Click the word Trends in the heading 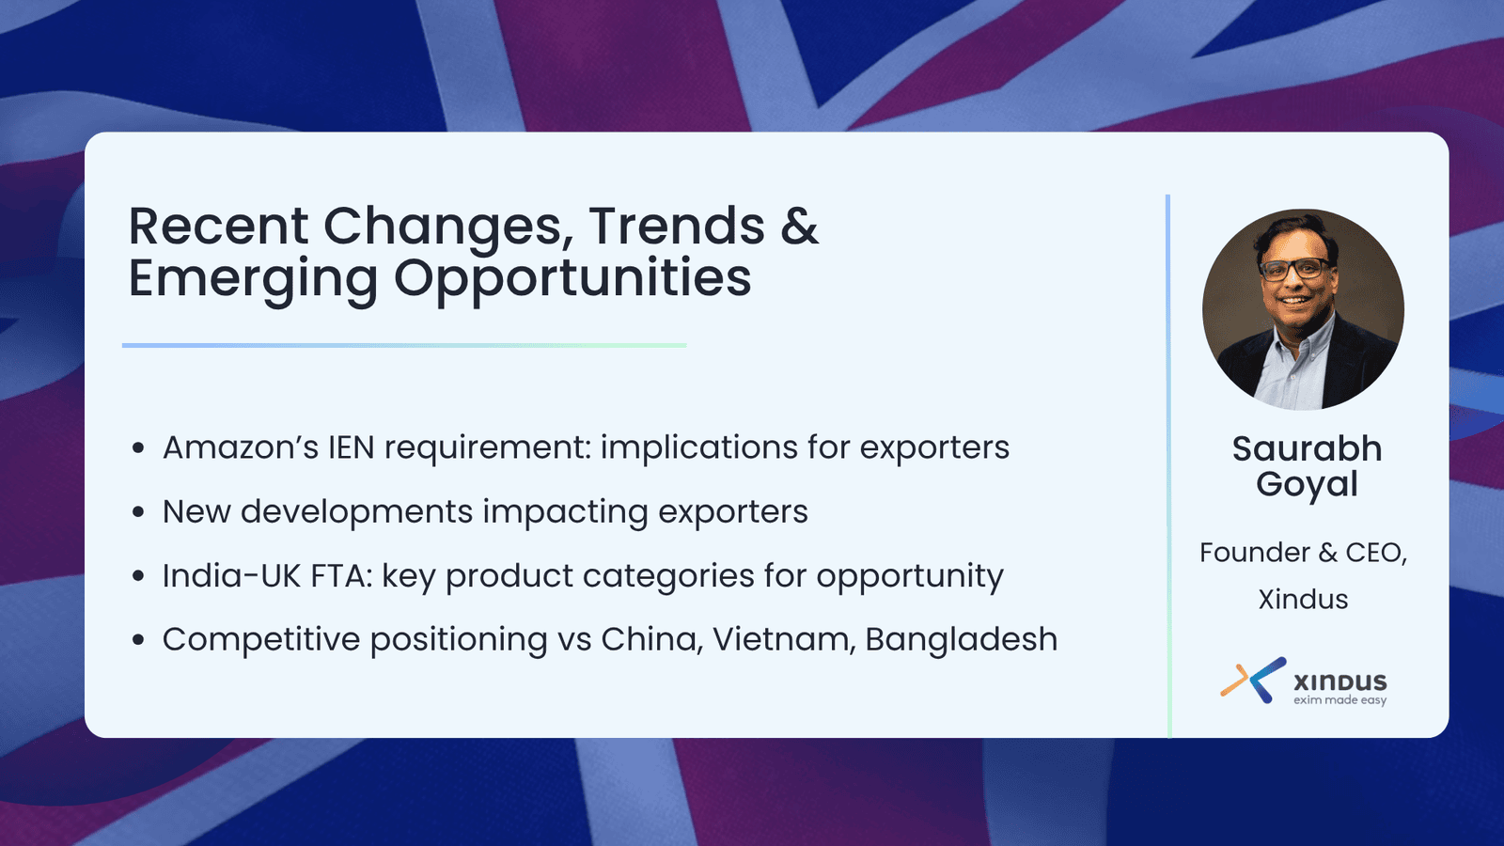coord(677,226)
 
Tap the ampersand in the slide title coord(800,226)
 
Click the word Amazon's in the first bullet coord(240,447)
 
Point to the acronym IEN coord(352,447)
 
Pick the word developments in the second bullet coord(356,512)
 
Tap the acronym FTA coord(341,575)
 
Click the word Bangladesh coord(961,639)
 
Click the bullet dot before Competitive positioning coord(138,640)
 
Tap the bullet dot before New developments coord(138,512)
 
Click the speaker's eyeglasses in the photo coord(1293,269)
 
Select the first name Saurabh coord(1307,448)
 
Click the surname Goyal coord(1307,485)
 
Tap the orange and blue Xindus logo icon coord(1253,680)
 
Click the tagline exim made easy coord(1339,700)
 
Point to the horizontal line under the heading coord(404,346)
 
